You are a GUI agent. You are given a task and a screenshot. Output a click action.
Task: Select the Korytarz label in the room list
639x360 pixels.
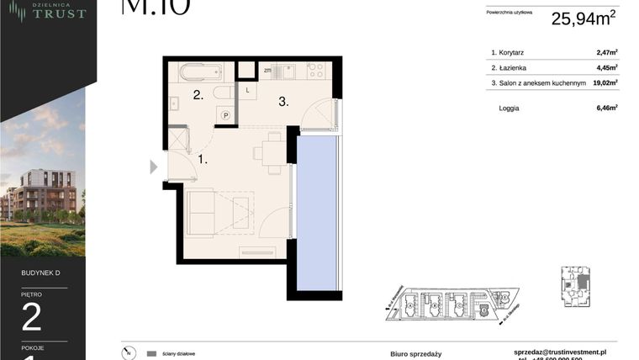pos(514,52)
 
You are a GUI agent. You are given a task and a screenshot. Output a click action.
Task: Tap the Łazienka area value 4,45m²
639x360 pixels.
pos(606,67)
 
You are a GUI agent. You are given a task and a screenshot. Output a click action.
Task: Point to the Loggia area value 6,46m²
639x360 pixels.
pos(606,108)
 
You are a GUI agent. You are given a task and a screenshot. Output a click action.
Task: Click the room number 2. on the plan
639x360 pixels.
pos(198,95)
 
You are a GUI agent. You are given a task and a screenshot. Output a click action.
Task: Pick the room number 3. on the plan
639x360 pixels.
pos(284,102)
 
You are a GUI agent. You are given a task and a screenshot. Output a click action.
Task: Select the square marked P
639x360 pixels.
pos(225,116)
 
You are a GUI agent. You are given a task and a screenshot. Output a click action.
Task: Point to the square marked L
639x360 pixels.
pos(249,89)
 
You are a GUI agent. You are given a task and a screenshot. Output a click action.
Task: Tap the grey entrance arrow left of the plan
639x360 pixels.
pos(153,167)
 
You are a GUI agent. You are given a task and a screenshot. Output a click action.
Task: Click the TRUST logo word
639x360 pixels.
pos(60,14)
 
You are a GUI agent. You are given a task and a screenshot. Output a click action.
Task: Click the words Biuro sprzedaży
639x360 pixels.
pos(415,354)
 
